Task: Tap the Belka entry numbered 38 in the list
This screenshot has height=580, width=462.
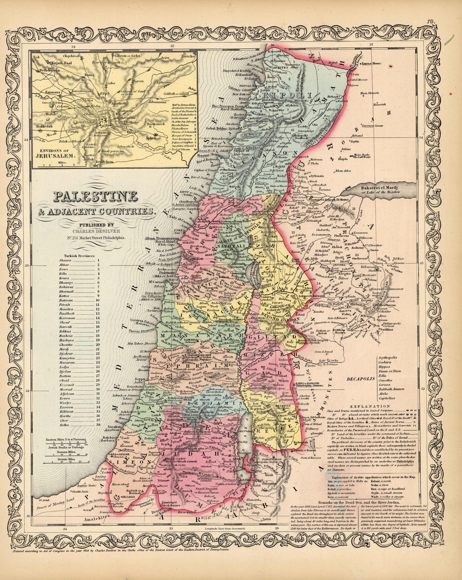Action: [x=64, y=425]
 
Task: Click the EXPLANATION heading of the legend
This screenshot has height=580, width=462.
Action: [x=370, y=406]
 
